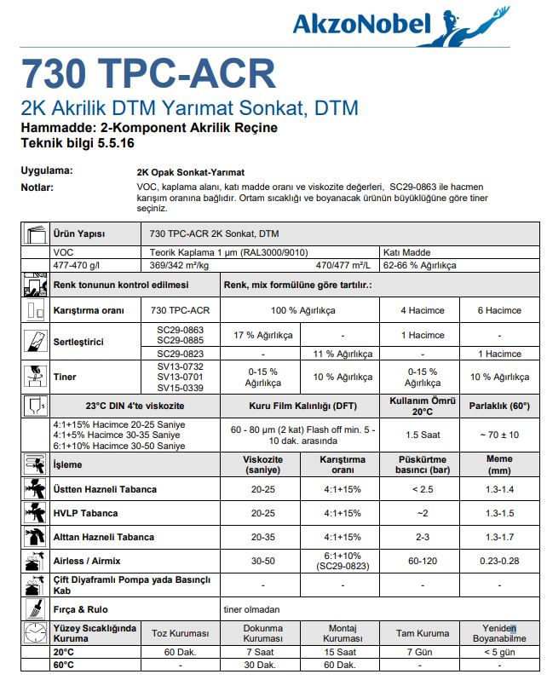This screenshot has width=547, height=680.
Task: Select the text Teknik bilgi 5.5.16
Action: (78, 142)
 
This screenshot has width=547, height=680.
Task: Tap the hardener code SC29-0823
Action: (181, 354)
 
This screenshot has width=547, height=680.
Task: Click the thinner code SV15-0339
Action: (181, 388)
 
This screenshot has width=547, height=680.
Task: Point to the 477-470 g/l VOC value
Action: (77, 265)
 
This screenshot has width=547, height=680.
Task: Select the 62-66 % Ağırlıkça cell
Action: (420, 265)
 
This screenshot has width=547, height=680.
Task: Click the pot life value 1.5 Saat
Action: (423, 434)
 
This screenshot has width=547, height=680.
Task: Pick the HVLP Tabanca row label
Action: (85, 513)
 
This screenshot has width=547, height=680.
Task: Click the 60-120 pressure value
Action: (423, 561)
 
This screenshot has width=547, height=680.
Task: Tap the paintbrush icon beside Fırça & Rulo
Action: (35, 608)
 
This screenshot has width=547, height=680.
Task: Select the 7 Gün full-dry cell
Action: (423, 652)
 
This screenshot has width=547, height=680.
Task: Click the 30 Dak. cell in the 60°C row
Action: (264, 665)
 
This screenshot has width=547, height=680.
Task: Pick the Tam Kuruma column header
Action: (423, 633)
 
